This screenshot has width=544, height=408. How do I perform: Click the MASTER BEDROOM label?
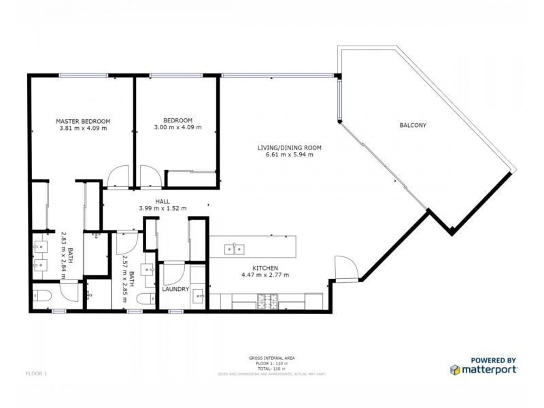[x=82, y=121]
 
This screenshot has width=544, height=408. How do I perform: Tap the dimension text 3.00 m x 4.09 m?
[x=177, y=128]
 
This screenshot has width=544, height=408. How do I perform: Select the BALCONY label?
[x=412, y=125]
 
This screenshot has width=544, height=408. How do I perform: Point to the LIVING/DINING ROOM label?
[x=289, y=148]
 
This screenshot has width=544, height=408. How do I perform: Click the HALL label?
[x=163, y=201]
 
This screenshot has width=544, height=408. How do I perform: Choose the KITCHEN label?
[x=266, y=268]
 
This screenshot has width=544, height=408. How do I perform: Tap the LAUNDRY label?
[x=175, y=289]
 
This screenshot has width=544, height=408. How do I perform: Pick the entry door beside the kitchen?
[x=345, y=267]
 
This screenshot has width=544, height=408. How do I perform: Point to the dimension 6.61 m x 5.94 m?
[x=289, y=154]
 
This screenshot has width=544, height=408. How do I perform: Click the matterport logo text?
[x=489, y=369]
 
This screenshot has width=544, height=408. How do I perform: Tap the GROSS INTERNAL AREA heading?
[x=272, y=357]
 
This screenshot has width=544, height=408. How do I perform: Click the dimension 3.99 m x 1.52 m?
[x=163, y=208]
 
